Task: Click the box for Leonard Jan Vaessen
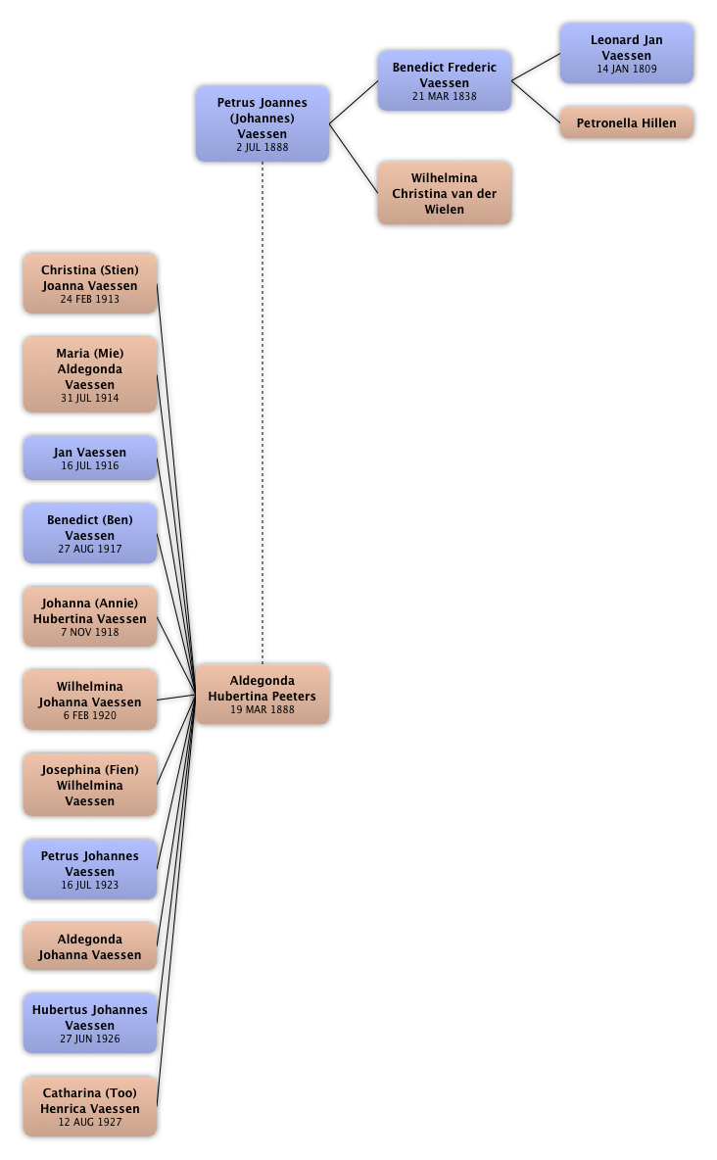pos(627,54)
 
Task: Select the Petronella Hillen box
pos(627,123)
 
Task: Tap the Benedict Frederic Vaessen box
pos(445,81)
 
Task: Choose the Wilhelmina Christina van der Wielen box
pos(445,194)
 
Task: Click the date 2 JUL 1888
pos(262,147)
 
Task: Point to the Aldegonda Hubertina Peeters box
pos(263,695)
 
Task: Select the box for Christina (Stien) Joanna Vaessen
pos(90,284)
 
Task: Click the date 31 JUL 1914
pos(90,399)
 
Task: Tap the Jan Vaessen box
pos(90,458)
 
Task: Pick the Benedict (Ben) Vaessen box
pos(90,533)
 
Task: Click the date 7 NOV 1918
pos(90,632)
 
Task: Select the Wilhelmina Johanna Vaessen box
pos(90,701)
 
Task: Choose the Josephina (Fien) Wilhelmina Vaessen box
pos(90,785)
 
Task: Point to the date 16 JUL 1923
pos(90,885)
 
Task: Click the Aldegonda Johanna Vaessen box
pos(90,946)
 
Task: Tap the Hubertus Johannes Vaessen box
pos(90,1023)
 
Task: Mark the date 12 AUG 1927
pos(90,1122)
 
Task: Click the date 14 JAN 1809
pos(627,69)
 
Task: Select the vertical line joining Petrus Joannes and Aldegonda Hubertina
pos(263,411)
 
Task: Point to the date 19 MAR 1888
pos(263,709)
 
